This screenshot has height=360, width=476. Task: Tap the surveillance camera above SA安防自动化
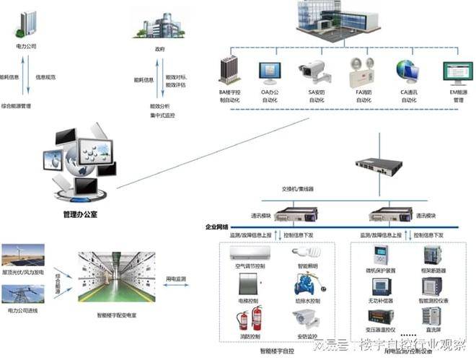[313, 71]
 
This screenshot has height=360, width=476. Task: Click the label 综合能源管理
[25, 106]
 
